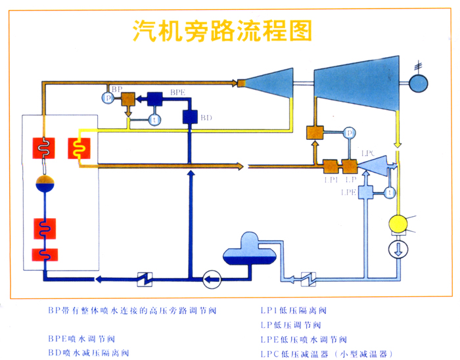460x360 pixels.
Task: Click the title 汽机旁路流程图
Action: pos(222,31)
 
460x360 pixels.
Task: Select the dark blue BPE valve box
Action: pos(155,99)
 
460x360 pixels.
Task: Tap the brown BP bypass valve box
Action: pos(128,99)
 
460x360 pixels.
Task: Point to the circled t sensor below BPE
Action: pos(155,120)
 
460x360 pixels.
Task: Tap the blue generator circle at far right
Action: pos(418,83)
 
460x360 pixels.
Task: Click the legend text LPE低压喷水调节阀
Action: pos(303,340)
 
